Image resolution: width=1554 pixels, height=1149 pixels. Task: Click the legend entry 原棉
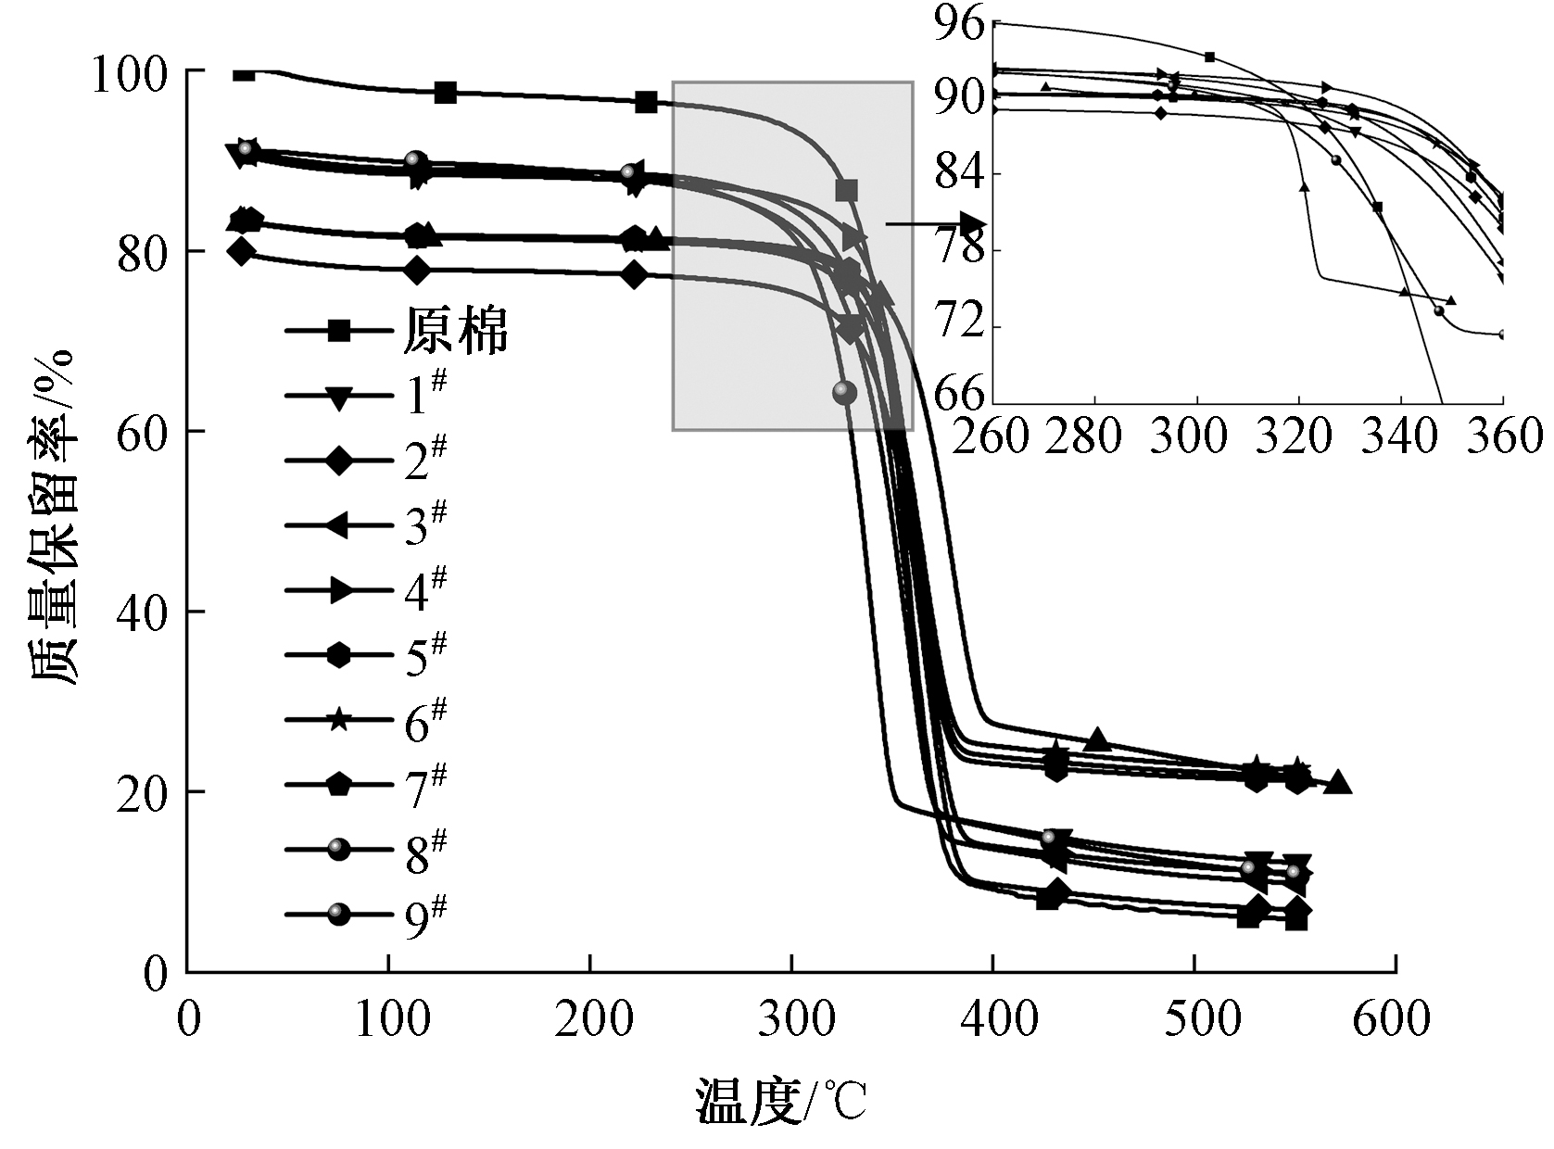(455, 331)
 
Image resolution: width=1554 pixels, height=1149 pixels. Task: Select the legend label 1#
(425, 396)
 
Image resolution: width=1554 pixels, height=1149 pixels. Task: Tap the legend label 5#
(425, 655)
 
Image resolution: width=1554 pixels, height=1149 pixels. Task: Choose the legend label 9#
(425, 915)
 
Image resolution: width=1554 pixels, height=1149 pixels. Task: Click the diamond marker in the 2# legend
(339, 461)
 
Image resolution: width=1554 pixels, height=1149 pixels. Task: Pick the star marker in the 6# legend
(339, 720)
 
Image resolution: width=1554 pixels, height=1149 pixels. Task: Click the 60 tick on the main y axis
(140, 432)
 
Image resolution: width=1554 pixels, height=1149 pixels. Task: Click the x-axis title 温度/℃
(781, 1102)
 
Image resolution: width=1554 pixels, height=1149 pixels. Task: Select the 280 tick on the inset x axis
(1094, 435)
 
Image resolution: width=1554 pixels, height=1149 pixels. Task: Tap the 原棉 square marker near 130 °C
(446, 93)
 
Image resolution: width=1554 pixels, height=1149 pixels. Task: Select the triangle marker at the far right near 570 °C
(1338, 783)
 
